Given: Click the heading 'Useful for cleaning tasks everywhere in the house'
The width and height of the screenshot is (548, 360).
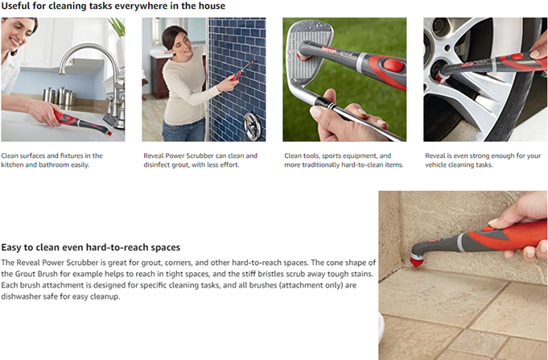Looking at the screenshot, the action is coord(113,6).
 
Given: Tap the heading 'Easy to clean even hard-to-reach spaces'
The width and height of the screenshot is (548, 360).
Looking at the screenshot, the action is coord(91,247).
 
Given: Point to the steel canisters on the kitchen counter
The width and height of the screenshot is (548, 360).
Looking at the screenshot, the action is coord(59,96).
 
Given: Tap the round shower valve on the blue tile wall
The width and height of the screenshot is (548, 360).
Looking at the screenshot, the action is coord(252,126).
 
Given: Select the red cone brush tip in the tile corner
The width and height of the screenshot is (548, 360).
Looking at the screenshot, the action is coord(416,261).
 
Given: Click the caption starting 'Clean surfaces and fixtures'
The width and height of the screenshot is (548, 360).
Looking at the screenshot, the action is coord(52,160).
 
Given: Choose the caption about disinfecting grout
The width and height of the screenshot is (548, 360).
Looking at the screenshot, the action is coord(200,160).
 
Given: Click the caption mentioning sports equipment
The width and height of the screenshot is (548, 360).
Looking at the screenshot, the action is coord(344,160).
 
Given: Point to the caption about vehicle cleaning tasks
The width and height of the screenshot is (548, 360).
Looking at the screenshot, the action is coord(483,160).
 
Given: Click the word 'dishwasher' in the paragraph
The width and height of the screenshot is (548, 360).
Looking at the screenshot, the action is coord(20,296).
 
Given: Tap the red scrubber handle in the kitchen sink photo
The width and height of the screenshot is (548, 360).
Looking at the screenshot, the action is coord(66,119).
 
